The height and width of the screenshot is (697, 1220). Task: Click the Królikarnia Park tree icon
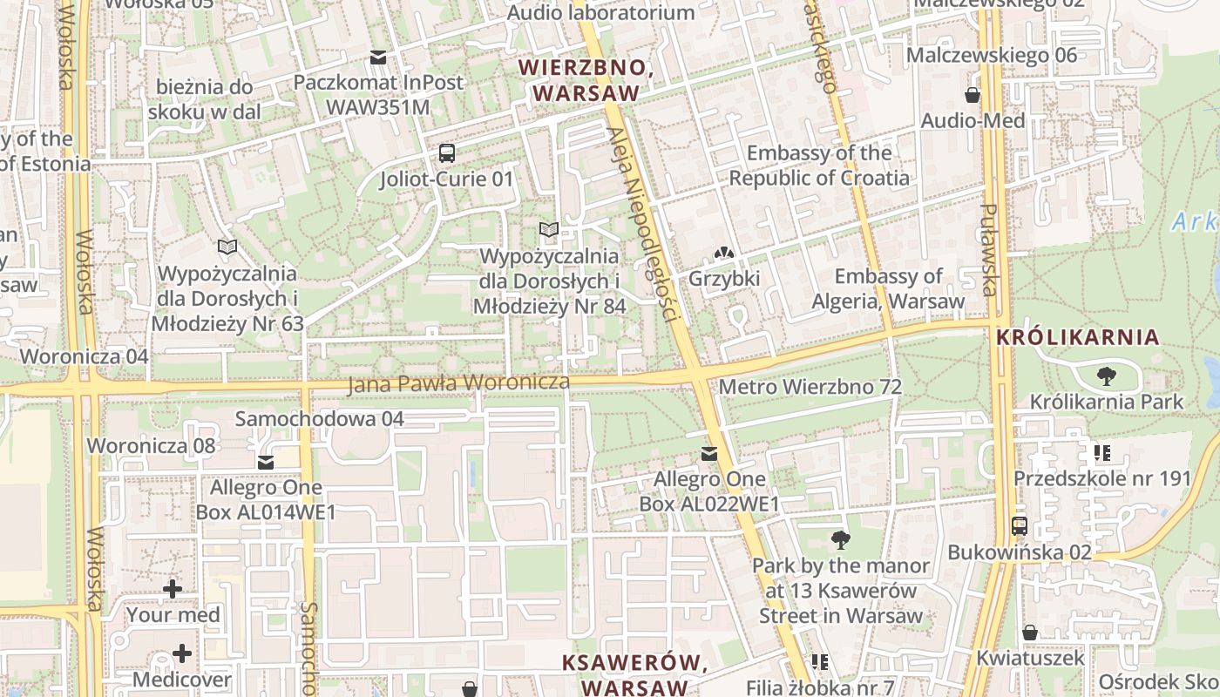coord(1107,376)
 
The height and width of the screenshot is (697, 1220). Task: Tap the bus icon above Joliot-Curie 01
coord(447,153)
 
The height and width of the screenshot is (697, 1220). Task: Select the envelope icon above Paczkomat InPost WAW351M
coord(378,58)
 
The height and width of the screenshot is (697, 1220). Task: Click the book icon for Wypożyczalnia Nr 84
coord(548,230)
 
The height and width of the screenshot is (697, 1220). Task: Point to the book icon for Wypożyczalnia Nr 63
coord(227,247)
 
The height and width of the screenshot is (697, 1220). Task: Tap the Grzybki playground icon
coord(723,254)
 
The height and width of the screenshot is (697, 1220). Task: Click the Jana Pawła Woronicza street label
coord(458,383)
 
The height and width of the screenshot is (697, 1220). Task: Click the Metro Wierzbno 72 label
coord(810,386)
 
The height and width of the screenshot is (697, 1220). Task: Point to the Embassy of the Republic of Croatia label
coord(819,166)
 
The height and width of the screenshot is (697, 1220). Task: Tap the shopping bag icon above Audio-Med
coord(973,95)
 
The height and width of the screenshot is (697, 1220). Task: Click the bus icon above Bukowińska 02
coord(1020,526)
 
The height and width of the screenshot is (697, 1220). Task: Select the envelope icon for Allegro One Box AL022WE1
coord(709,454)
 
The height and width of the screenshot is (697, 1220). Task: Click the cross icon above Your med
coord(173,589)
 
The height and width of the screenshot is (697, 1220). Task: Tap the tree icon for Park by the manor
coord(841,540)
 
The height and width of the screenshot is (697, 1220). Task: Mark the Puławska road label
coord(989,250)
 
